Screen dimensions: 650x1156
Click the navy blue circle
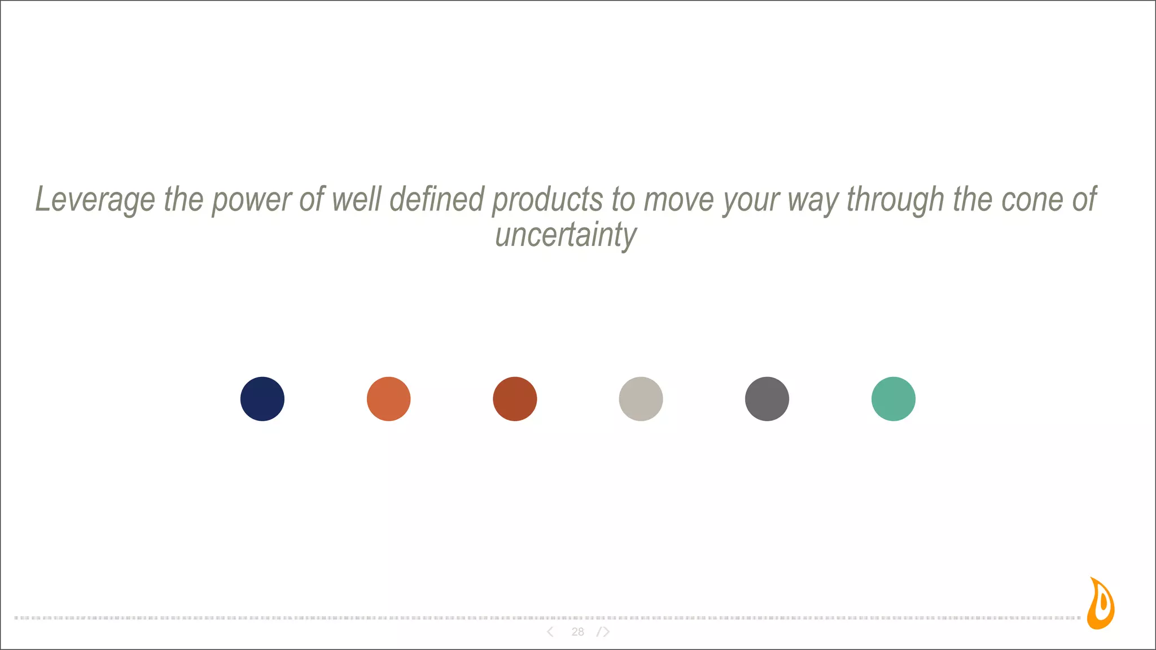pos(262,399)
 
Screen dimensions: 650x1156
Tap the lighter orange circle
pos(388,399)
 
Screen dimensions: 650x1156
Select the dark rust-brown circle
pos(515,399)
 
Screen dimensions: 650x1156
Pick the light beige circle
pos(641,399)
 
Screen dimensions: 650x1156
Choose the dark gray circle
pos(767,399)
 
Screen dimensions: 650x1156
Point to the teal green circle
pos(894,399)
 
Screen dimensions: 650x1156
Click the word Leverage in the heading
pos(95,200)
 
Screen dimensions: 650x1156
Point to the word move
pos(679,200)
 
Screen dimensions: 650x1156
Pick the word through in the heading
pos(895,200)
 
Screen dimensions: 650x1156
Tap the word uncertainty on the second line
pos(566,235)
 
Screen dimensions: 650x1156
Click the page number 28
pos(577,632)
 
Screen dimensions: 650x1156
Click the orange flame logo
pos(1101,604)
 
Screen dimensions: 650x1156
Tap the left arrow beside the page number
pos(550,632)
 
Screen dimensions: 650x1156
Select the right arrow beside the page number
pos(605,632)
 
